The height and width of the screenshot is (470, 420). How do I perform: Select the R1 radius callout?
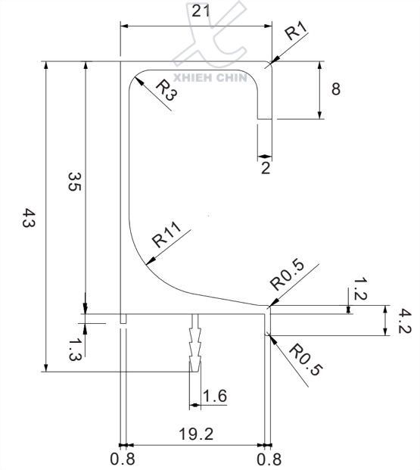pos(295,33)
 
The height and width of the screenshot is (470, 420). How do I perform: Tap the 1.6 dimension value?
pos(215,395)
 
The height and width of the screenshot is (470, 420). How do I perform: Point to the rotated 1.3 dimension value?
pos(73,348)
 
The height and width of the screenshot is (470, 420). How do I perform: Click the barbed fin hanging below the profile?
pos(196,344)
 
